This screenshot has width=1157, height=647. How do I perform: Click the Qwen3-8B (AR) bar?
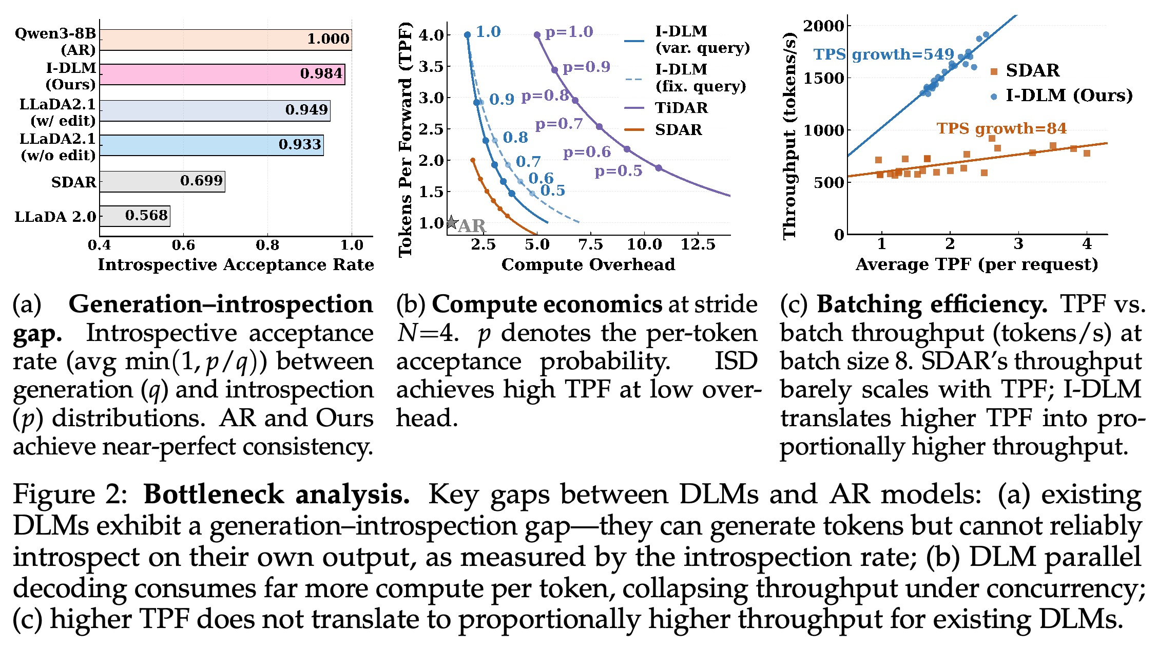[x=226, y=40]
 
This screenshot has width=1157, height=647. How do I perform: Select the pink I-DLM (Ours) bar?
[x=222, y=74]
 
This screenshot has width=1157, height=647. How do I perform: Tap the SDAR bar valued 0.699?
[x=162, y=181]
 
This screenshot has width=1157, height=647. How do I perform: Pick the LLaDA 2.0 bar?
[x=135, y=216]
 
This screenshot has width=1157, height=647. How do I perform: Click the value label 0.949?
[x=306, y=109]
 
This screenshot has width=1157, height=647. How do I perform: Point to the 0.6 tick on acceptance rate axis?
[x=183, y=245]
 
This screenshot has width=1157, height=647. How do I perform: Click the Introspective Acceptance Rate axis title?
[x=236, y=264]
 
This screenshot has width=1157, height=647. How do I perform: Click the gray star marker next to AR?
[x=451, y=222]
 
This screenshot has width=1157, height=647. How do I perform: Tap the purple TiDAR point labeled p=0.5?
[x=659, y=168]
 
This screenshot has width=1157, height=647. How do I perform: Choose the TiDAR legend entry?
[x=666, y=108]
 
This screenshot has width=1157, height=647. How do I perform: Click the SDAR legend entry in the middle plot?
[x=663, y=129]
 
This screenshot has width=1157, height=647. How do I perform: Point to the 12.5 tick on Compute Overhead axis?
[x=698, y=245]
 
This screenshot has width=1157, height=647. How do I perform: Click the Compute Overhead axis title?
[x=588, y=264]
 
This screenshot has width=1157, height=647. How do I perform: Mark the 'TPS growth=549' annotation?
[x=884, y=54]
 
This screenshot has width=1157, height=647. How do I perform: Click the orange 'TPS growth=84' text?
[x=1001, y=128]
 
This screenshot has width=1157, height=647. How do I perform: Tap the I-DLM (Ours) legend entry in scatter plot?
[x=1061, y=96]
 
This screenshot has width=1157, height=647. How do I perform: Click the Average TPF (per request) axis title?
[x=977, y=264]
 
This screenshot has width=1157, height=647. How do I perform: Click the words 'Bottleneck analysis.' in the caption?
[x=277, y=494]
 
